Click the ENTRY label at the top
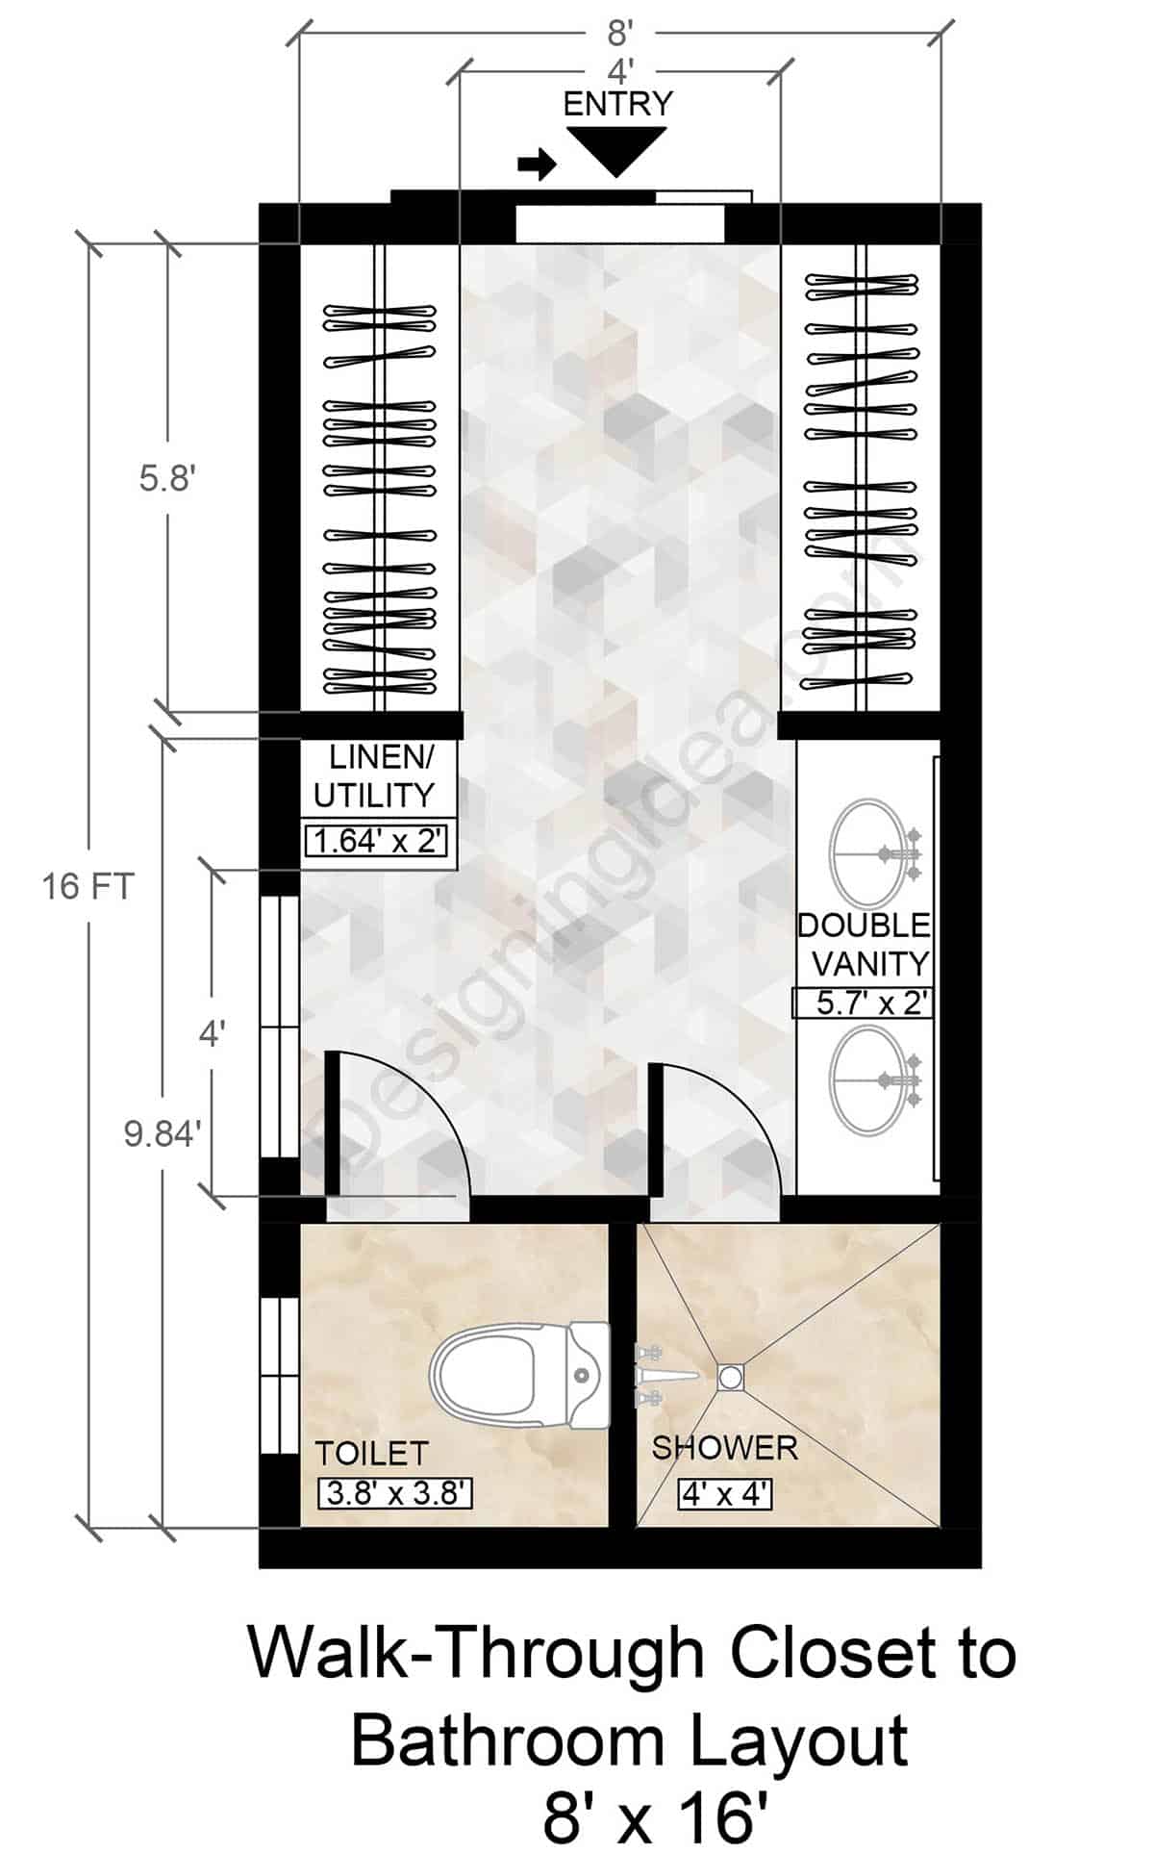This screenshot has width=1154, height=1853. click(617, 104)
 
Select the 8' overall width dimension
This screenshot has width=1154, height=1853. click(619, 35)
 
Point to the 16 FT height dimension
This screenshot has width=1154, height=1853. click(88, 886)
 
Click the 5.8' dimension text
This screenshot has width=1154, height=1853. click(167, 478)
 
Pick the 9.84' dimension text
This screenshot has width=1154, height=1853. click(163, 1134)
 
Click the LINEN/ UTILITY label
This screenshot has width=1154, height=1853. click(376, 776)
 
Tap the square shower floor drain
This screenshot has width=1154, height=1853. click(730, 1377)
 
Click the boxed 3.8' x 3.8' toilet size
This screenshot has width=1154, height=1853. click(394, 1493)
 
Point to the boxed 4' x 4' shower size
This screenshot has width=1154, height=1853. click(724, 1494)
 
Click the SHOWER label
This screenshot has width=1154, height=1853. click(724, 1448)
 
